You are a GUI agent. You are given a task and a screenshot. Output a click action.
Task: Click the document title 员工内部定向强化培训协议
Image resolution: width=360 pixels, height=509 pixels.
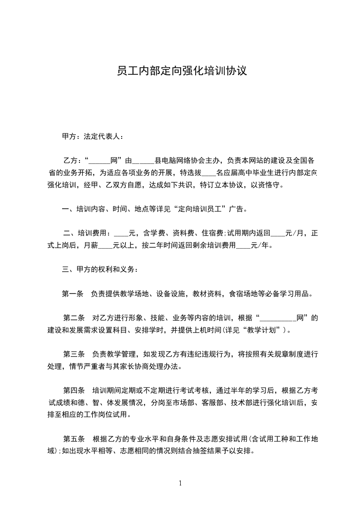(x=181, y=71)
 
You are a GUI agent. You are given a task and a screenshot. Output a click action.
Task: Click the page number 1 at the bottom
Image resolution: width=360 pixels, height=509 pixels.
(x=180, y=483)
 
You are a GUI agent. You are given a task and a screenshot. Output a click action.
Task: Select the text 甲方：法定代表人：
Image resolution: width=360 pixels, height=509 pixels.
(x=92, y=136)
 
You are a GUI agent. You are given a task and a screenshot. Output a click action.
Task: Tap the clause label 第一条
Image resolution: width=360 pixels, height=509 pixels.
(x=72, y=294)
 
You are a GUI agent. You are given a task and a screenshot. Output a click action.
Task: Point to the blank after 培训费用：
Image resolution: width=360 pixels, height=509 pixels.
(x=121, y=234)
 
